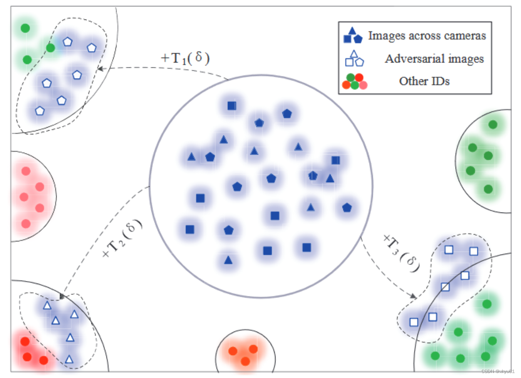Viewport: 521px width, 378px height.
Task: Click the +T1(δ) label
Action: tap(185, 58)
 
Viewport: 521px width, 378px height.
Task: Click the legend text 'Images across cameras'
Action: tap(427, 36)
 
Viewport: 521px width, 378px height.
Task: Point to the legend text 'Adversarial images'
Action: tap(434, 59)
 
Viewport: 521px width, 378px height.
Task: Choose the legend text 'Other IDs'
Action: tap(424, 81)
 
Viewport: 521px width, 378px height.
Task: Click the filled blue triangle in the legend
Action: tap(352, 30)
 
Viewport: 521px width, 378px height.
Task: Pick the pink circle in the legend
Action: tap(363, 85)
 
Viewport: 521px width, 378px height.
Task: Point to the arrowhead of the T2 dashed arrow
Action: tap(62, 297)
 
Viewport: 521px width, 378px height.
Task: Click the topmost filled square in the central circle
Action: tap(232, 106)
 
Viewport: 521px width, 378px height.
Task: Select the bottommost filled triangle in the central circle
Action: tap(228, 260)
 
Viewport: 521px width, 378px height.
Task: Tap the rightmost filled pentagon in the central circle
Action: tap(347, 208)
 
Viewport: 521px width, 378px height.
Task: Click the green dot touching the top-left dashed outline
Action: tap(50, 48)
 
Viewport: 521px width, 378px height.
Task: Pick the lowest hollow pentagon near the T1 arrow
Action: tap(40, 111)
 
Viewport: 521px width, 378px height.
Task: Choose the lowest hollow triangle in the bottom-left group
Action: tap(69, 358)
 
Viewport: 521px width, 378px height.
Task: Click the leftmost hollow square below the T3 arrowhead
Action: tap(414, 322)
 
